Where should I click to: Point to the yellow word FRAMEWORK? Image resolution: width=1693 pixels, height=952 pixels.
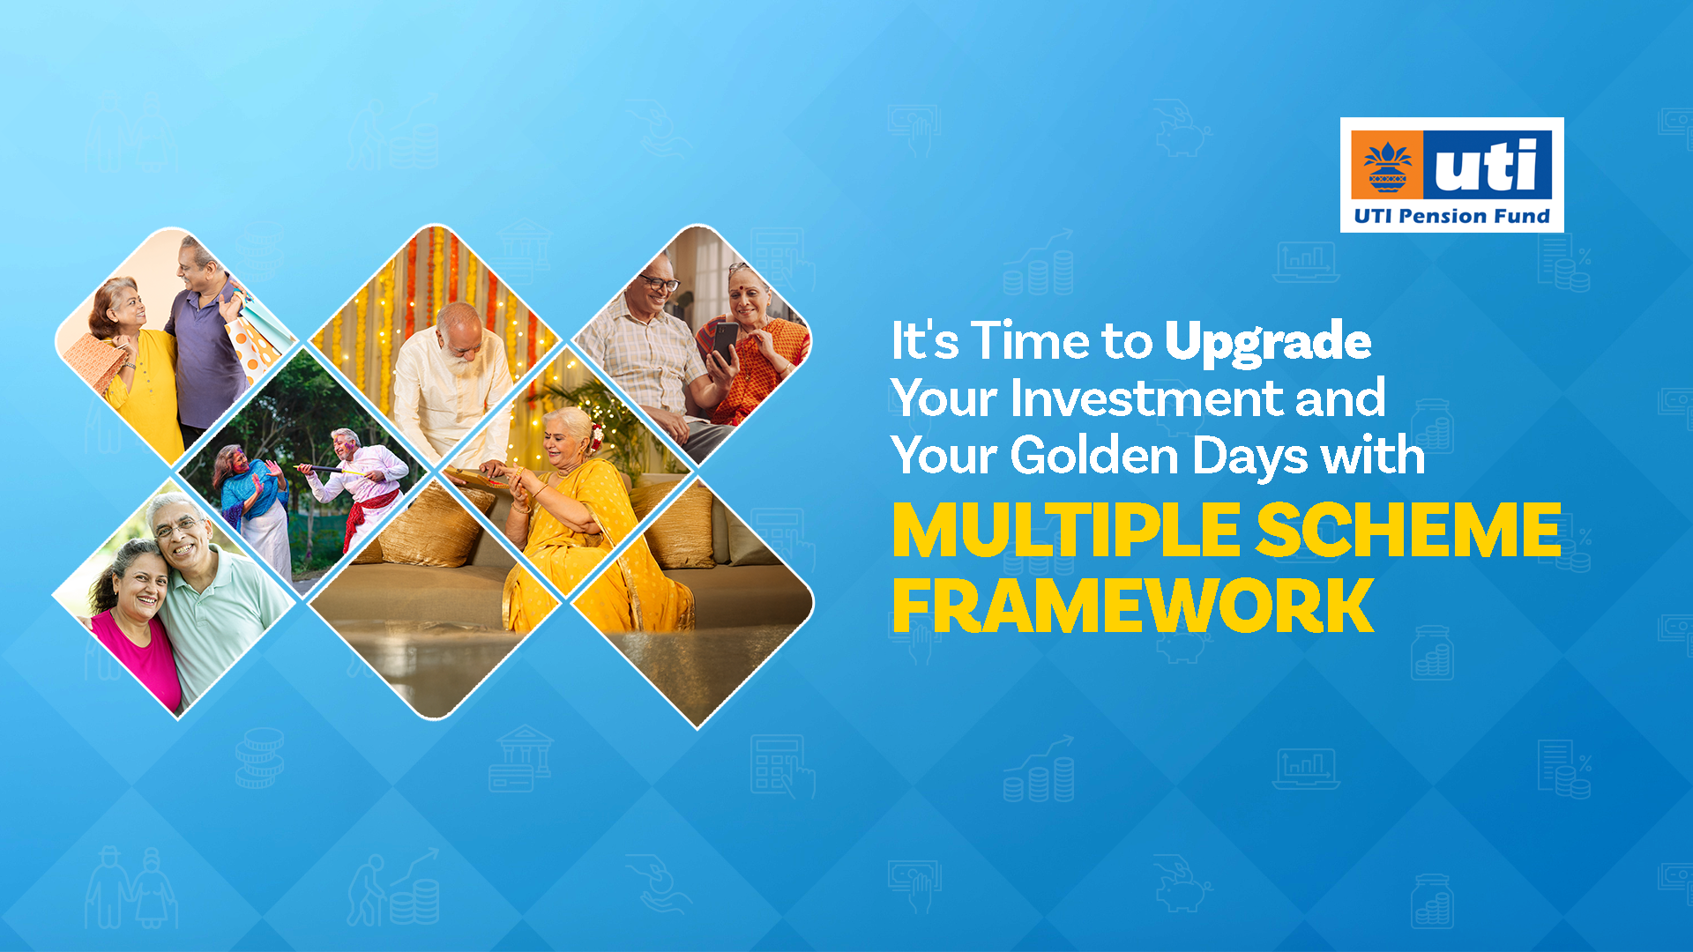point(1133,606)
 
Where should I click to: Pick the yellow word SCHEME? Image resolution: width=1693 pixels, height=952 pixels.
point(1408,531)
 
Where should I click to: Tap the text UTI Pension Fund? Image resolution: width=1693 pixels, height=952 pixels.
point(1451,216)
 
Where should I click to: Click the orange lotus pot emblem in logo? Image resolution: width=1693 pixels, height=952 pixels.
point(1387,166)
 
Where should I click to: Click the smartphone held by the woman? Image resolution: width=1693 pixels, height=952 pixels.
point(725,341)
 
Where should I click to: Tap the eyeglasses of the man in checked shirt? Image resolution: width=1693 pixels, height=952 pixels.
point(660,283)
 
